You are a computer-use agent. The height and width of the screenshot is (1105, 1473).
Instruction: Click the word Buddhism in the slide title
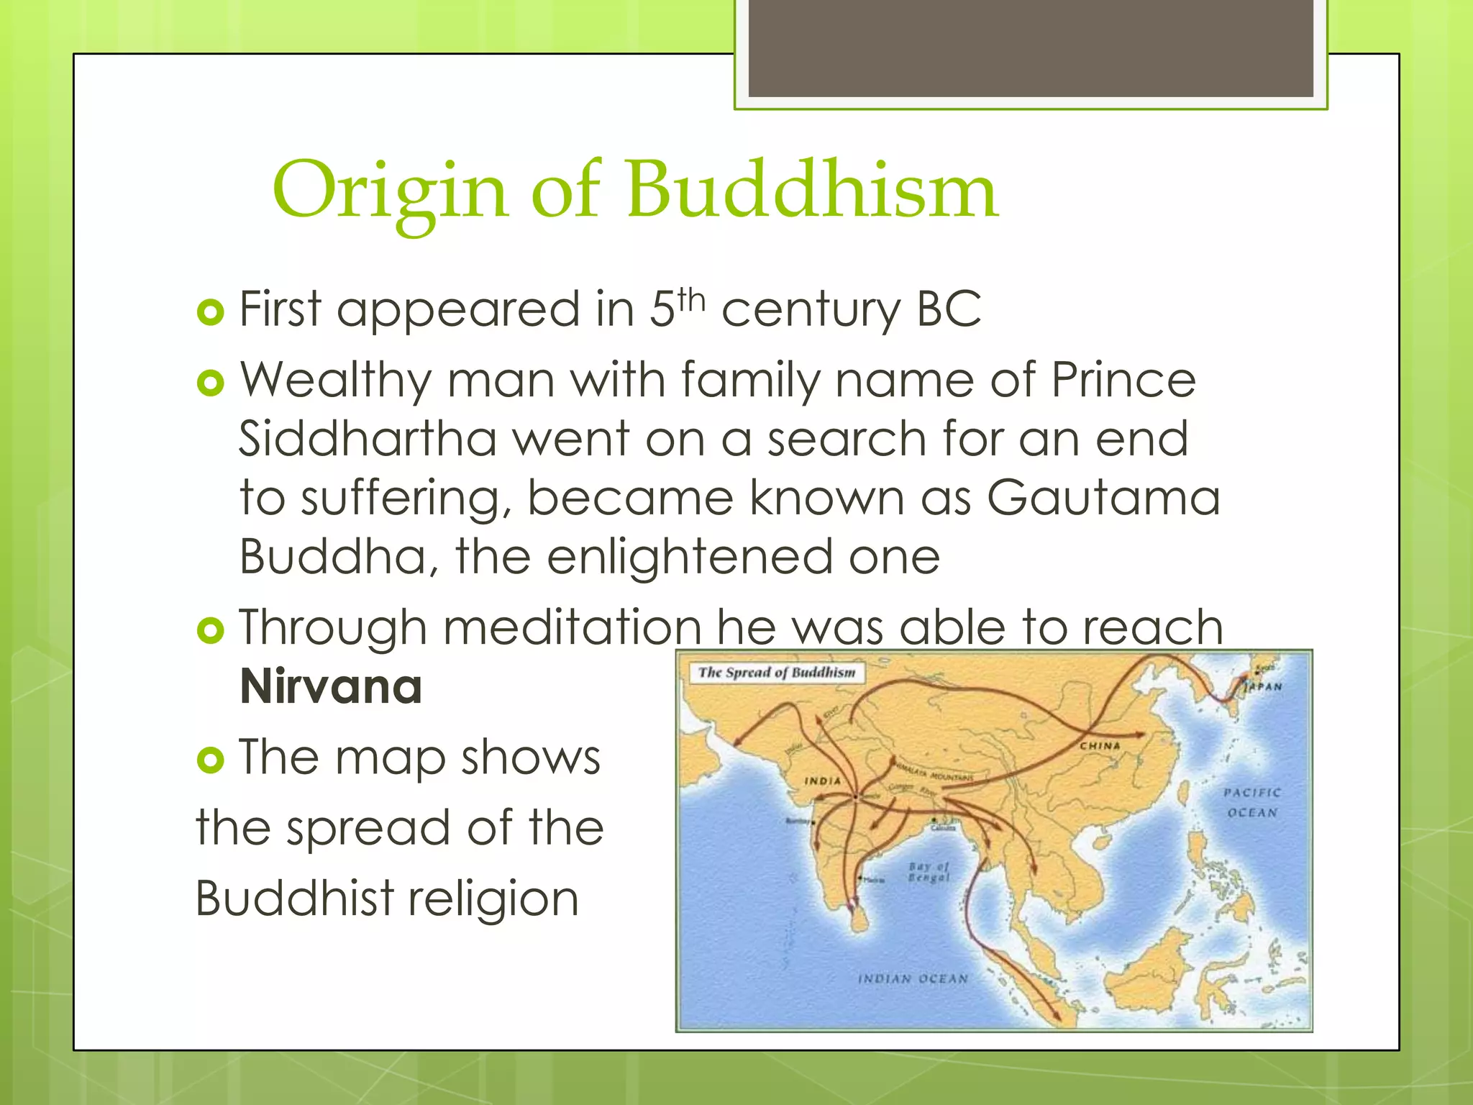click(x=811, y=191)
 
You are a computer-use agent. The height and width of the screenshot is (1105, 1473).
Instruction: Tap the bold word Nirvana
click(x=330, y=687)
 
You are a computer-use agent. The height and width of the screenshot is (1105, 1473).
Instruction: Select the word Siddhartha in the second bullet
click(x=368, y=439)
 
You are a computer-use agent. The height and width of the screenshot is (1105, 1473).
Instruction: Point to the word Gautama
click(x=1103, y=498)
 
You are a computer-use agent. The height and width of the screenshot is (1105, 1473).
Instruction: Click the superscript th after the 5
click(x=691, y=299)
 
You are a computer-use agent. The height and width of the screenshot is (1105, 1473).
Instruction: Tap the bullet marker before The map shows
click(x=210, y=760)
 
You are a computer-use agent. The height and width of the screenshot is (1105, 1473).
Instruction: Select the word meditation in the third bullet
click(x=572, y=627)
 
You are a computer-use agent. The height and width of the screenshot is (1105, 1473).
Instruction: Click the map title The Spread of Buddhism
click(x=777, y=673)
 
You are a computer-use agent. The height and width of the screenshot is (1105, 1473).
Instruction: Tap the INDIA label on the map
click(x=822, y=781)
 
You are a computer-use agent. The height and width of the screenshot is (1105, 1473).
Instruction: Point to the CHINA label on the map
click(x=1100, y=746)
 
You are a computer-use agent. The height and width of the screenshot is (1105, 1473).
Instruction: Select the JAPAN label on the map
click(x=1263, y=686)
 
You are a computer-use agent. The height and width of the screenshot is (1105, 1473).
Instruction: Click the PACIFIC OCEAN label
click(x=1252, y=802)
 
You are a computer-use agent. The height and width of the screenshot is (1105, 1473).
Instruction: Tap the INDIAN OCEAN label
click(x=913, y=979)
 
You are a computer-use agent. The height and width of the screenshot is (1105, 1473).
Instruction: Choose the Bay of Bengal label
click(x=929, y=872)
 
